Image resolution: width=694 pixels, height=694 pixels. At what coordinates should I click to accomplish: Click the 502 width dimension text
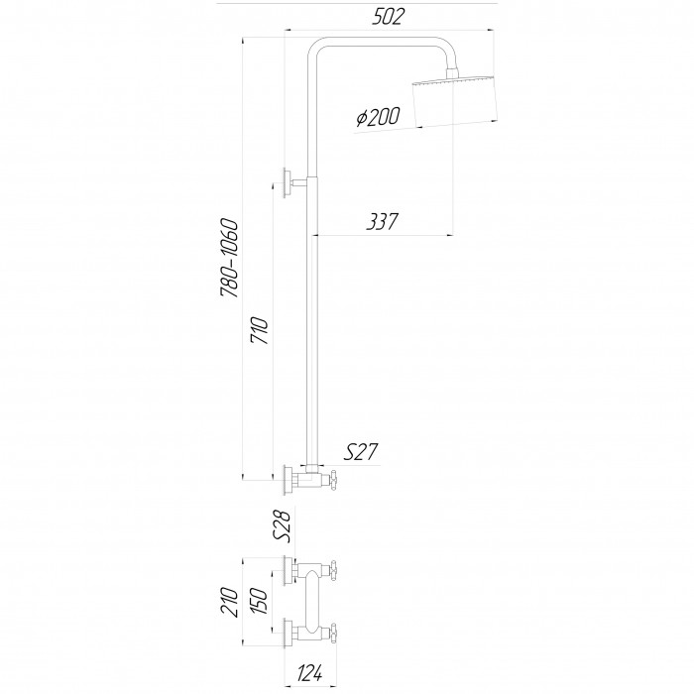[x=389, y=17]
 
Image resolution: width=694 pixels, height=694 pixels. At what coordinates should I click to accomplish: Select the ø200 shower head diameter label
[x=379, y=117]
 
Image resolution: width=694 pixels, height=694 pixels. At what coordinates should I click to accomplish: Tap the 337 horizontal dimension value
[x=383, y=221]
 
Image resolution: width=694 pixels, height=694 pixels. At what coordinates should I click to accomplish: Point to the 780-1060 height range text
[x=230, y=258]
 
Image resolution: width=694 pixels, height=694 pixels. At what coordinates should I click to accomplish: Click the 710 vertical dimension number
[x=260, y=330]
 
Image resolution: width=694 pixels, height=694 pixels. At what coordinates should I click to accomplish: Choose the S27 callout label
[x=361, y=452]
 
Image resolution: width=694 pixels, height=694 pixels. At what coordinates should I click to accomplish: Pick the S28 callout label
[x=282, y=525]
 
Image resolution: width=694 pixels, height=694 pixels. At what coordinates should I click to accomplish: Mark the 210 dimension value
[x=230, y=602]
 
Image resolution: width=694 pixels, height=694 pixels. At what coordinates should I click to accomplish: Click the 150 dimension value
[x=260, y=602]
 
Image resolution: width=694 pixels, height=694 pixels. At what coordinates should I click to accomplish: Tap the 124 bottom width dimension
[x=309, y=673]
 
